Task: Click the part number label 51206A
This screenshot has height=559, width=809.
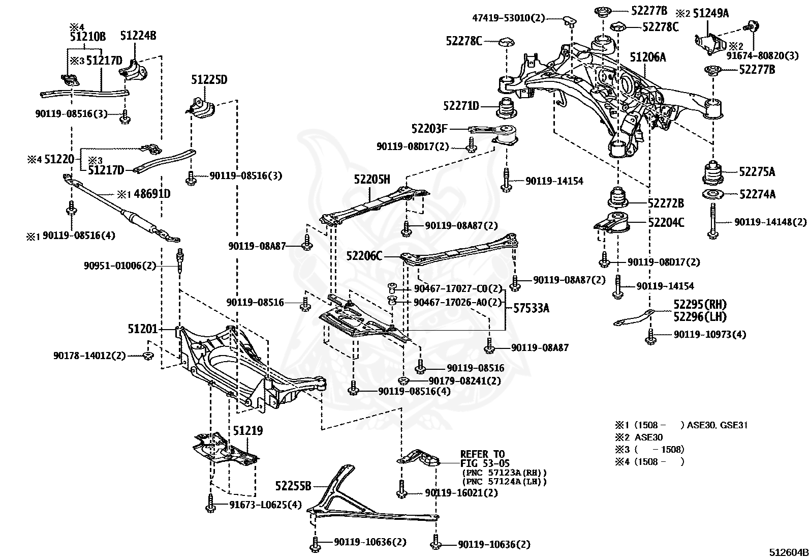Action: (648, 57)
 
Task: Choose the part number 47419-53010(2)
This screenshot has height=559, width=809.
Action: (508, 18)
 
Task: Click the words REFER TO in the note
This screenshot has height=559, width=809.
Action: (482, 454)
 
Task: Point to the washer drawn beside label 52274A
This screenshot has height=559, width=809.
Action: (712, 194)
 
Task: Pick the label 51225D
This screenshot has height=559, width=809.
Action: (209, 80)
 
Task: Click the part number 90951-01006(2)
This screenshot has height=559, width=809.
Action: (120, 266)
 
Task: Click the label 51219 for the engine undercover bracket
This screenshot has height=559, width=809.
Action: (248, 431)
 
